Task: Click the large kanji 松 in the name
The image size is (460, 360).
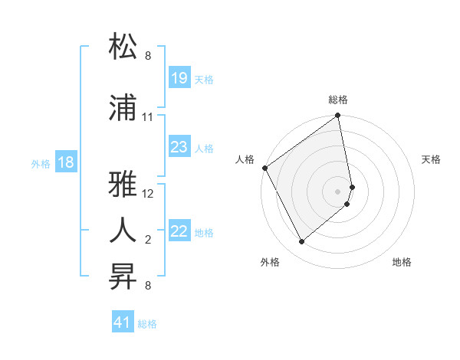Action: click(x=124, y=47)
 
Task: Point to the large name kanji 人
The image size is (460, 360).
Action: click(x=124, y=230)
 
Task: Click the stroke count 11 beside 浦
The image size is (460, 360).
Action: click(x=147, y=117)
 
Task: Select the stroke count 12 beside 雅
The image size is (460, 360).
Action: click(x=148, y=195)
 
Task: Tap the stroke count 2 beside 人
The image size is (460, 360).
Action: click(x=148, y=240)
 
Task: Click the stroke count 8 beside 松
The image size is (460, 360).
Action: click(x=148, y=56)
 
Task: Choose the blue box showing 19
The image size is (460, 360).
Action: click(x=179, y=78)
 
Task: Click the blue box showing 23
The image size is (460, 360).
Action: click(x=179, y=147)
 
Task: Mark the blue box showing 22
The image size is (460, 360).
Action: click(x=179, y=231)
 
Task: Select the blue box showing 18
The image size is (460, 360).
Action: click(x=65, y=162)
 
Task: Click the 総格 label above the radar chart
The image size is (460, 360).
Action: click(x=338, y=100)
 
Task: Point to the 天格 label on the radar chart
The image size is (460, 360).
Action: click(x=432, y=159)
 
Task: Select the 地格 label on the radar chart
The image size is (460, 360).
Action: click(x=402, y=262)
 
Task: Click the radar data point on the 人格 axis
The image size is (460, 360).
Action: click(x=264, y=168)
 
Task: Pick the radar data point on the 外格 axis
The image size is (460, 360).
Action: click(x=301, y=242)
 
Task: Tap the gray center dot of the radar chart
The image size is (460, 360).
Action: click(x=338, y=191)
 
